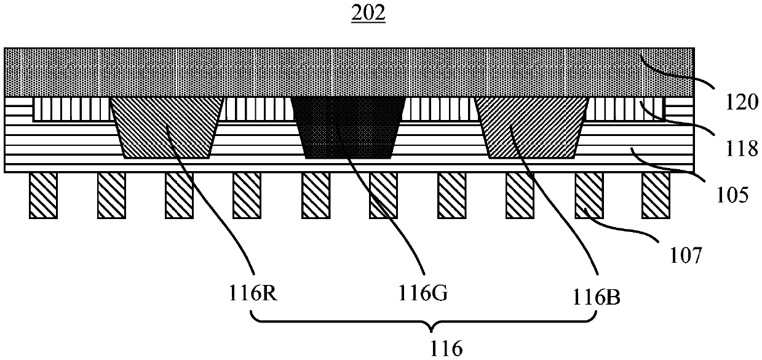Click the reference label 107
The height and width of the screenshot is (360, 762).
click(680, 254)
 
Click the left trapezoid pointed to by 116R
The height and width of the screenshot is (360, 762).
click(166, 127)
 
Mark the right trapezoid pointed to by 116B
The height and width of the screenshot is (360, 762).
click(533, 127)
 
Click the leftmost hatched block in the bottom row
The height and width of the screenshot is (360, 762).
click(43, 195)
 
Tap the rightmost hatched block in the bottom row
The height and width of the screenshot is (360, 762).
click(656, 195)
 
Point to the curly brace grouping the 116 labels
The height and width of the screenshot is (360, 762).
click(425, 322)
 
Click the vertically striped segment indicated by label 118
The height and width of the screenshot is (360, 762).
click(627, 108)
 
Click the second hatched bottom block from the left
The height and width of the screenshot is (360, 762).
click(111, 195)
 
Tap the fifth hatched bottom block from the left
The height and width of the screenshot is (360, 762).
click(316, 195)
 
